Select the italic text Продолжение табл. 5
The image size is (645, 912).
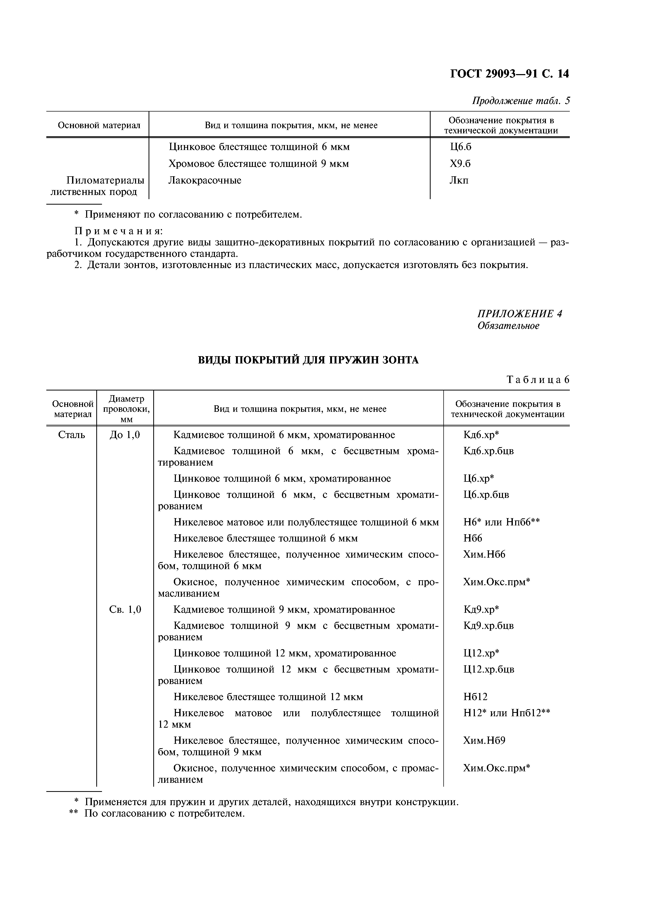click(x=521, y=101)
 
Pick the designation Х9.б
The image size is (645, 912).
click(x=460, y=164)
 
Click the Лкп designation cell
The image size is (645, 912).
click(x=459, y=180)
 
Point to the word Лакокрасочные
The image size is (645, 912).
click(x=205, y=180)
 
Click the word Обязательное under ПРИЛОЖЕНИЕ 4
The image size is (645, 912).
click(x=508, y=326)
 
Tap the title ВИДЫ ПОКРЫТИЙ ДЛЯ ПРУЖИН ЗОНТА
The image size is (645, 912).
click(x=308, y=360)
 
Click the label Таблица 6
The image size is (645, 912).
click(x=538, y=380)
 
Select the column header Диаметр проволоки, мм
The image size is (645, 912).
click(x=126, y=409)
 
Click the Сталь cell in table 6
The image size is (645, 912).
click(x=72, y=435)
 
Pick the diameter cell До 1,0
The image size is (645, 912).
click(x=125, y=435)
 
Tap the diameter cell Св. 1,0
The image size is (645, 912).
click(x=125, y=610)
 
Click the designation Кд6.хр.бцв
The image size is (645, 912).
click(x=488, y=451)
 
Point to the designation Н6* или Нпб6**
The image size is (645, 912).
click(x=501, y=522)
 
